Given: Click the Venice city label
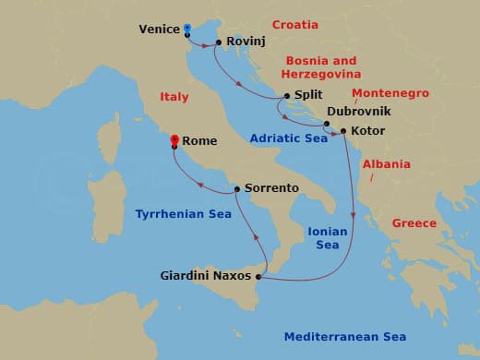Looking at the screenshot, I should [x=159, y=29].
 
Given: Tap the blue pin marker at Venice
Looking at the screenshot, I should [x=187, y=29].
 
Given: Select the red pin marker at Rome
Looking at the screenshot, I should [x=174, y=140].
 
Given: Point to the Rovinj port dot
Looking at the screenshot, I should [x=218, y=42].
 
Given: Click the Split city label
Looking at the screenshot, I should [x=309, y=95].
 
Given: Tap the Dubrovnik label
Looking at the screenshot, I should [x=358, y=111].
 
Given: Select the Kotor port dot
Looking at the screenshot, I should [x=343, y=131].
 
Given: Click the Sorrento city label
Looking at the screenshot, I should [x=271, y=187].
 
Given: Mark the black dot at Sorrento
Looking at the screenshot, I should [x=237, y=188].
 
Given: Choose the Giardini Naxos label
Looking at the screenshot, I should [x=205, y=274].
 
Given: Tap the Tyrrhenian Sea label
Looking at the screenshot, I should [x=183, y=213].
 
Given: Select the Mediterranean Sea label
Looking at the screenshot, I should [x=344, y=337].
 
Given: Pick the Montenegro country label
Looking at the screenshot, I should [x=390, y=93].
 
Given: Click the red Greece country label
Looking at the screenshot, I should [x=414, y=223].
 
